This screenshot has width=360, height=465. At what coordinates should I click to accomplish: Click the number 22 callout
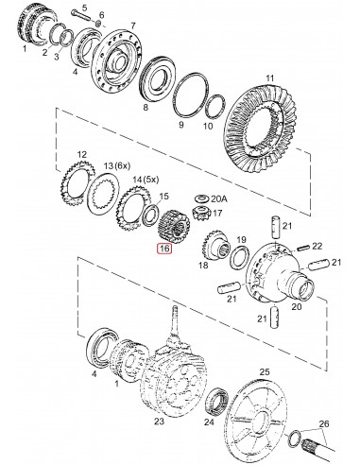317,245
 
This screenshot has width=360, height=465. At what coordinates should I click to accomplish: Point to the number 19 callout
241,241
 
